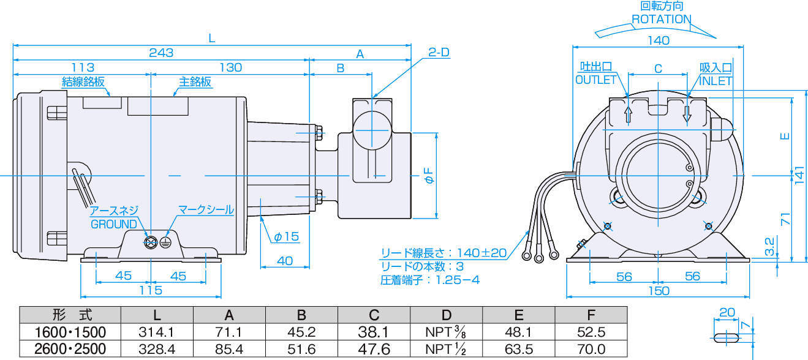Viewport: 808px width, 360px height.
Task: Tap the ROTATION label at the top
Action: pos(661,19)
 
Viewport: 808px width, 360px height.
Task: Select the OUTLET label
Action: pos(596,80)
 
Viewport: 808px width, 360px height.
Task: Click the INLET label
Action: pos(716,80)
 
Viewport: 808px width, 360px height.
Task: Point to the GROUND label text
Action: pos(115,224)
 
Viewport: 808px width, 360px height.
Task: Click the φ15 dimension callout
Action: pos(286,236)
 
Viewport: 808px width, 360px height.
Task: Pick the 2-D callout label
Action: pos(438,53)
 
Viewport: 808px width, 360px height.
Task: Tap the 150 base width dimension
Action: pos(659,291)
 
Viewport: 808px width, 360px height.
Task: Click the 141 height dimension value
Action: pos(799,176)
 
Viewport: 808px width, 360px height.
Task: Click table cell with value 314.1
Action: pos(157,332)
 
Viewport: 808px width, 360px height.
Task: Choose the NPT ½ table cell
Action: pos(447,350)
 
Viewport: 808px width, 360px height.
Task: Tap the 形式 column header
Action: pos(70,315)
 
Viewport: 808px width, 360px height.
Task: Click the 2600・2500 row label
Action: pos(70,350)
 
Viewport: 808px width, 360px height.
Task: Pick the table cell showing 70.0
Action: pos(591,350)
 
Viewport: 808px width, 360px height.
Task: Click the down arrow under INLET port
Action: pos(688,114)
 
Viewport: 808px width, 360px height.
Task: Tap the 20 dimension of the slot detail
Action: pos(727,312)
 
